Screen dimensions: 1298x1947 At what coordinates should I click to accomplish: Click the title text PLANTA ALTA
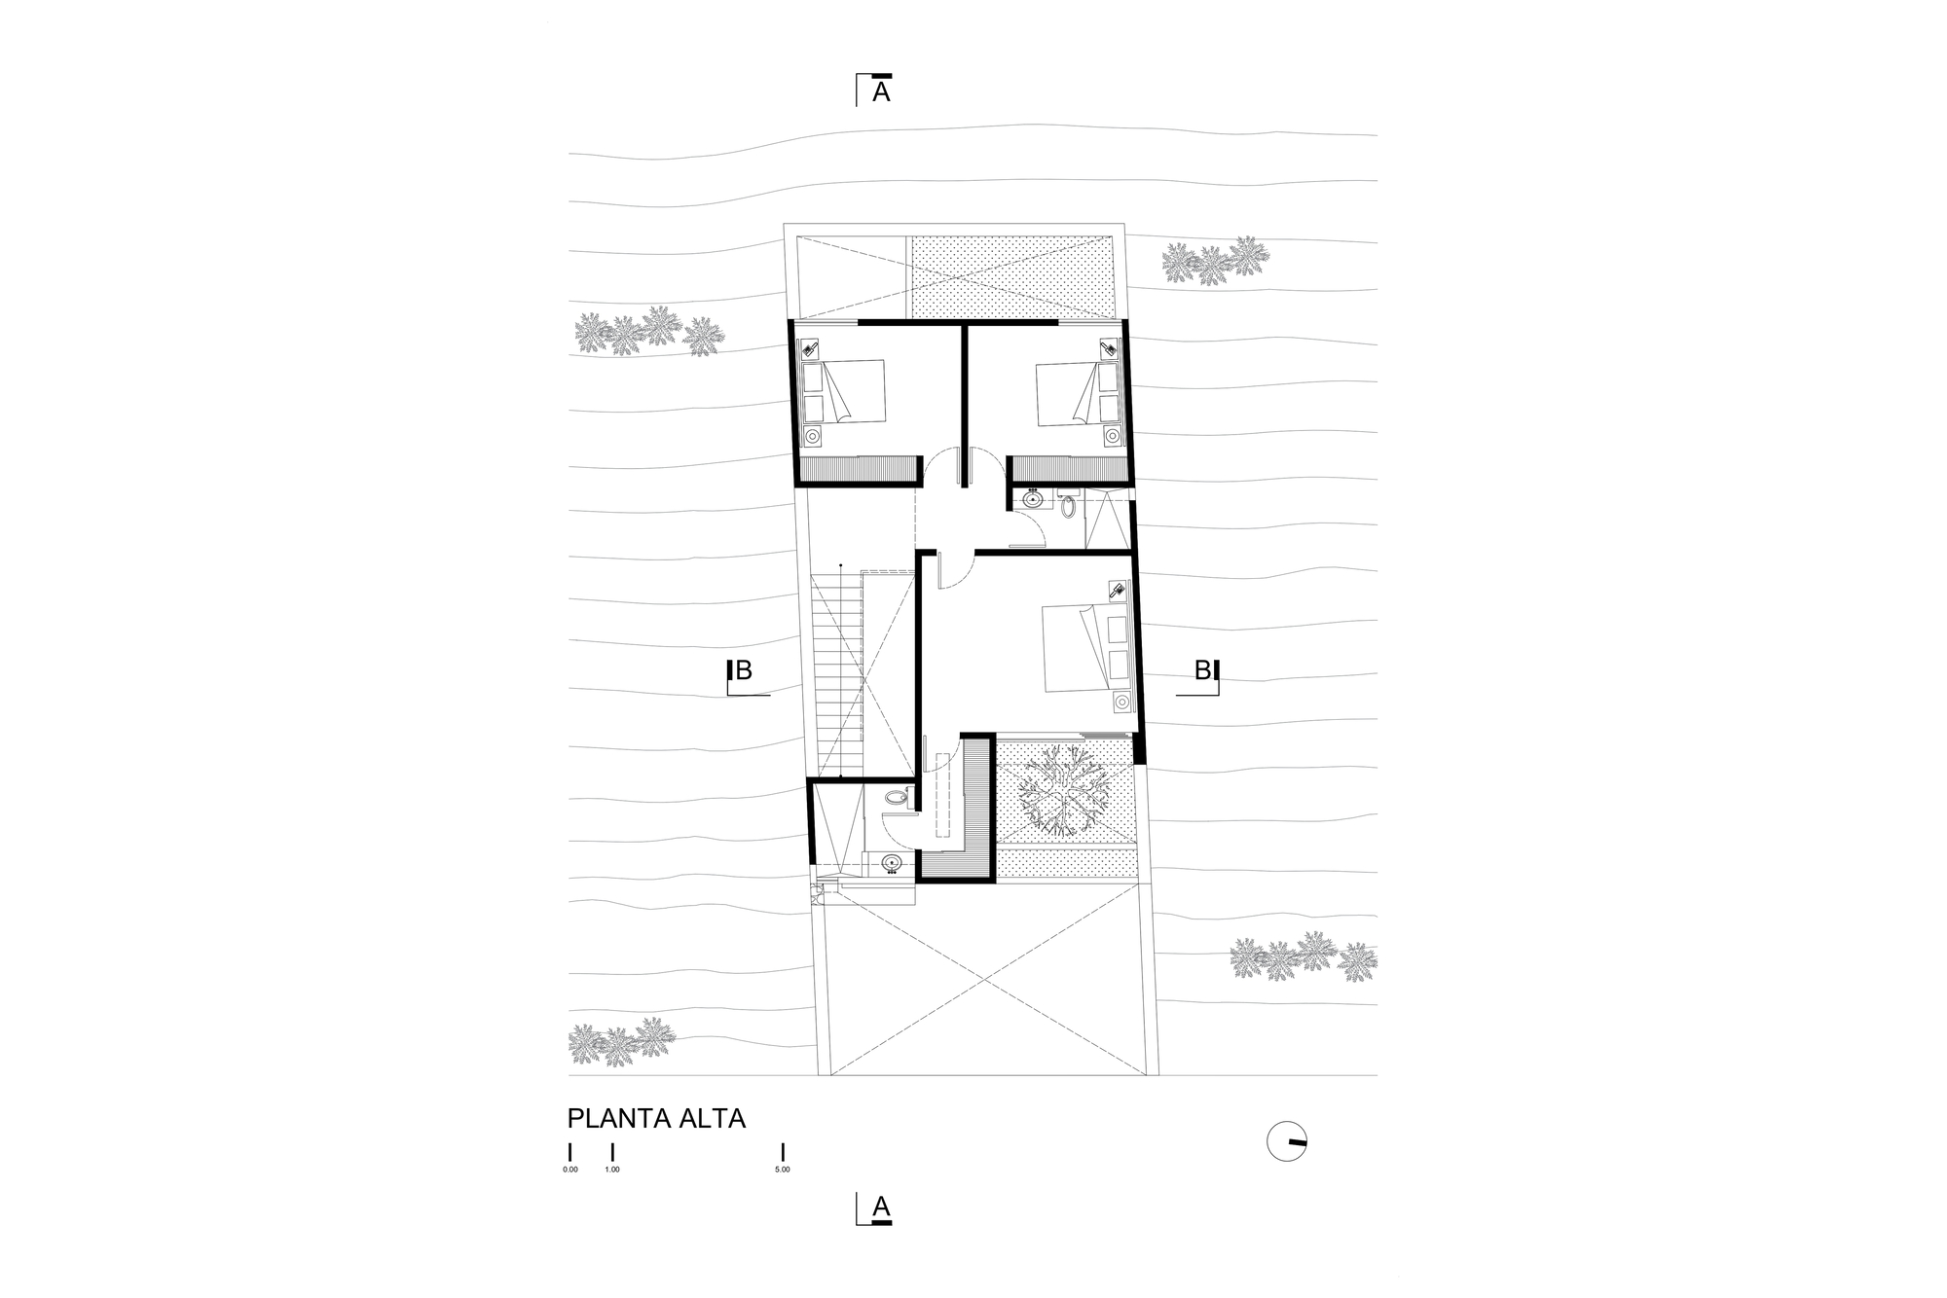tap(656, 1118)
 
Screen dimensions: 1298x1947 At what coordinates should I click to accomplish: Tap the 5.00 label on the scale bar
tap(783, 1170)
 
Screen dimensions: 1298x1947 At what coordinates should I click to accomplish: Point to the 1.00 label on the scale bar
tap(612, 1170)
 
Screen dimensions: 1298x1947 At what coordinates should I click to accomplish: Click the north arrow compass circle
tap(1286, 1141)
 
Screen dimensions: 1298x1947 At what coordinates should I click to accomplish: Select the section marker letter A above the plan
tap(881, 92)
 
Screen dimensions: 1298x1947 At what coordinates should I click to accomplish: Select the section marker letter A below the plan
tap(881, 1208)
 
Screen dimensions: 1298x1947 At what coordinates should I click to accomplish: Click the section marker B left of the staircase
tap(743, 670)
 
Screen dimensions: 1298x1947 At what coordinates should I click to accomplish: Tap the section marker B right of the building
tap(1203, 670)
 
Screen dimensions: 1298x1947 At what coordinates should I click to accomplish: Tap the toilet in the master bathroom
tap(896, 799)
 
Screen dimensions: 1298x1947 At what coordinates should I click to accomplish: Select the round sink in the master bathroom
tap(891, 862)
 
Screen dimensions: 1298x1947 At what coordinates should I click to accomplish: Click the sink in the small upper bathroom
tap(1033, 500)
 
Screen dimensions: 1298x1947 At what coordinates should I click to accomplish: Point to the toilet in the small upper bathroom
tap(1068, 506)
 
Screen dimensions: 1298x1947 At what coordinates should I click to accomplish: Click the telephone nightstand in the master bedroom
tap(1118, 590)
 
